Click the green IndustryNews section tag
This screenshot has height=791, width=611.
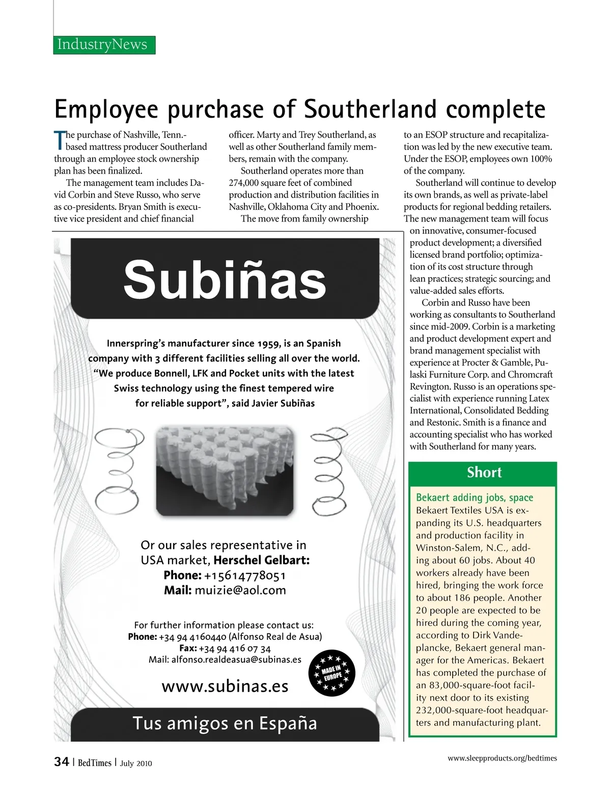tap(104, 45)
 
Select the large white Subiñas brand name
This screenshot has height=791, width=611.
tap(225, 280)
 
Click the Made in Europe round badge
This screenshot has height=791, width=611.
tap(331, 673)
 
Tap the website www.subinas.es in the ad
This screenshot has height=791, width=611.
tap(225, 686)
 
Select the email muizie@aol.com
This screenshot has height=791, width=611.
tap(240, 590)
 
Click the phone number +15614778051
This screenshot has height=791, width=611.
tap(245, 576)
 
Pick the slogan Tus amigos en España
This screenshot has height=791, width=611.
tap(225, 723)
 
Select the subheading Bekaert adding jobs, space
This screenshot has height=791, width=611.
tap(475, 498)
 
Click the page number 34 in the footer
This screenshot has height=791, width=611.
tap(62, 762)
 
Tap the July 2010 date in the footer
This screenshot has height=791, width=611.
tap(136, 763)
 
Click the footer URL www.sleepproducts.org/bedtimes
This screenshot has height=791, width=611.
tap(502, 758)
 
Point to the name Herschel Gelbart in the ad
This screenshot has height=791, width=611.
tap(261, 560)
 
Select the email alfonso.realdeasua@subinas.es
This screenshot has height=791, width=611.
tap(236, 660)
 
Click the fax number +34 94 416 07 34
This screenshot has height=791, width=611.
tap(235, 648)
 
